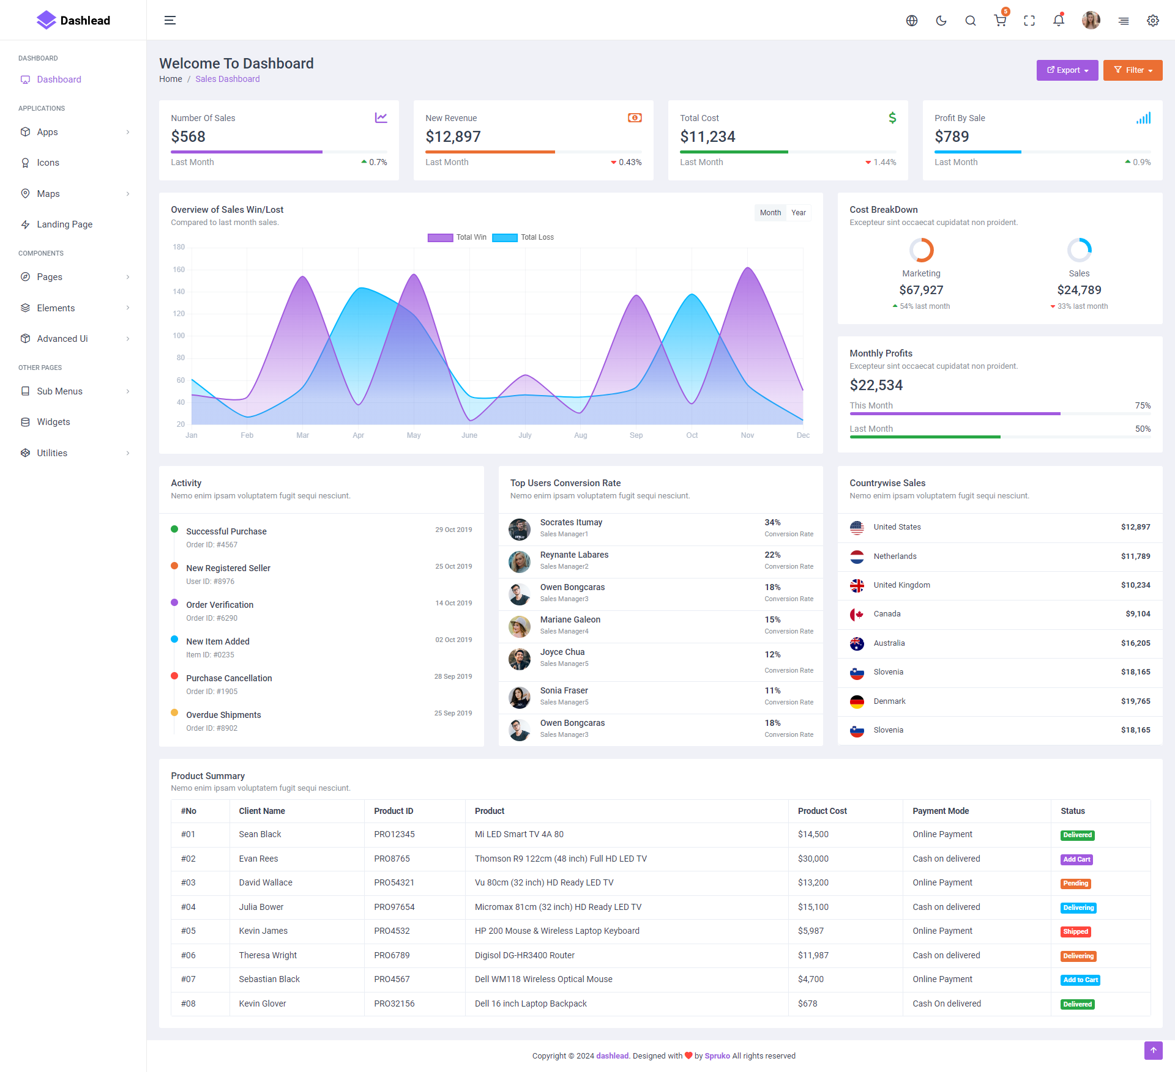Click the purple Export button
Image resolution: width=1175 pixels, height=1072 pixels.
coord(1067,70)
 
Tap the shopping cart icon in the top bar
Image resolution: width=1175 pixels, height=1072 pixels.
coord(1000,21)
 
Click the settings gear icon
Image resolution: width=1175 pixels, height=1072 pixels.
coord(1152,21)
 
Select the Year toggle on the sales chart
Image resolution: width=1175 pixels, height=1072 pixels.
coord(798,213)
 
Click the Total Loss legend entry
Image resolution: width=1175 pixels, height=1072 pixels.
coord(523,237)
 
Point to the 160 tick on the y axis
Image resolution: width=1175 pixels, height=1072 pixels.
coord(179,270)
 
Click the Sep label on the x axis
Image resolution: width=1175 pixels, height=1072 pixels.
coord(636,435)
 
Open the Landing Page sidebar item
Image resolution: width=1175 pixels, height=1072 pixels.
coord(64,224)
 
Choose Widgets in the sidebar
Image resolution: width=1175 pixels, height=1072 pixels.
coord(53,422)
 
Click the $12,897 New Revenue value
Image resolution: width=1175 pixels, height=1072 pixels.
coord(453,136)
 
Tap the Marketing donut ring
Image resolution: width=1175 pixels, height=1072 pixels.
coord(921,250)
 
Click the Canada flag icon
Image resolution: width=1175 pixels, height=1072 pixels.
coord(857,614)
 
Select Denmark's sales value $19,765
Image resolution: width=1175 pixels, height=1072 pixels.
coord(1135,701)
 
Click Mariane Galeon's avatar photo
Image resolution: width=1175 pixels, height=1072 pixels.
coord(519,626)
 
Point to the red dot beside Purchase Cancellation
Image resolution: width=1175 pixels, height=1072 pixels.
coord(174,676)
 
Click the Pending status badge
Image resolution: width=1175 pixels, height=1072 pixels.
coord(1075,883)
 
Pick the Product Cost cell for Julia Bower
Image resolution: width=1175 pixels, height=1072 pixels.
coord(813,907)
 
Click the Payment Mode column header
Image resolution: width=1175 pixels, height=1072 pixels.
coord(940,811)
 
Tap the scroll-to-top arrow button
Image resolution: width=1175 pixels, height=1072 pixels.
coord(1153,1050)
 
